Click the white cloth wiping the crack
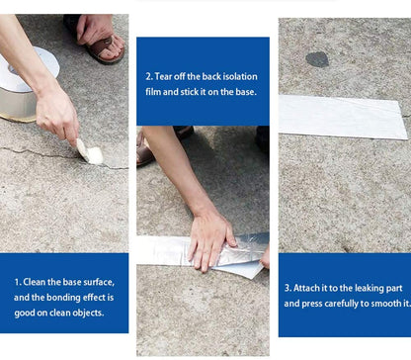tap(90, 152)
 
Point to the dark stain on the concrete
tap(317, 59)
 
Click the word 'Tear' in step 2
tap(163, 76)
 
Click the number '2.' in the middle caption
tap(149, 76)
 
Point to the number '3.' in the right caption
tap(288, 288)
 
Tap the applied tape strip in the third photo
tap(343, 117)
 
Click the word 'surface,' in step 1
tap(99, 282)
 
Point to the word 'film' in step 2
tap(153, 92)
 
